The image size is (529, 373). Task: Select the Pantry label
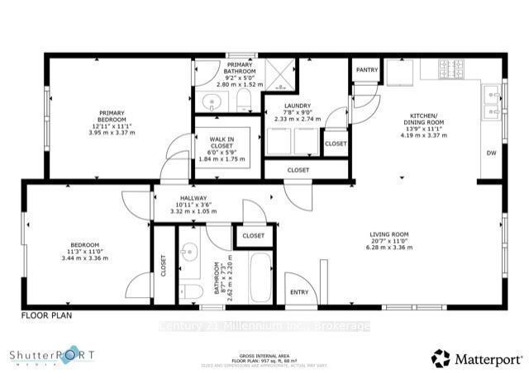click(x=366, y=71)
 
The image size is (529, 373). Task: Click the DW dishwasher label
click(x=490, y=153)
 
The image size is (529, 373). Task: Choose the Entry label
click(x=298, y=292)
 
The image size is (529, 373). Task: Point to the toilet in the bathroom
click(x=191, y=292)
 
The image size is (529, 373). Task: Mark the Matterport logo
click(x=477, y=358)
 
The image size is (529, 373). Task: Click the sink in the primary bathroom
click(x=211, y=103)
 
